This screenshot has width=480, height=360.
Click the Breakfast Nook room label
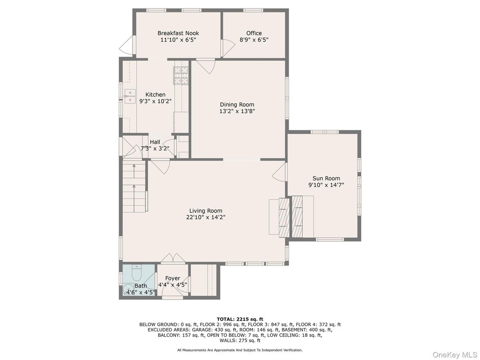coord(178,33)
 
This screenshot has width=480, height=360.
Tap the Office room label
coord(254,33)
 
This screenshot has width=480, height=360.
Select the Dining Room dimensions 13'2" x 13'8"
coord(237,111)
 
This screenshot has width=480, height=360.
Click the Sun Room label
coord(326,178)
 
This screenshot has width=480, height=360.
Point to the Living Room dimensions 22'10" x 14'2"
coord(206,218)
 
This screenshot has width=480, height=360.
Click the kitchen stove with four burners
coord(181,74)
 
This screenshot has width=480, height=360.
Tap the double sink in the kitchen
coord(130,96)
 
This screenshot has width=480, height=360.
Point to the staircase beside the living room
coord(134,188)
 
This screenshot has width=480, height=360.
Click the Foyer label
coord(172,279)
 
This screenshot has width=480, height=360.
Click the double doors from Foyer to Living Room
coord(172,259)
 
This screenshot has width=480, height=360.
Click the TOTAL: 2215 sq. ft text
coord(240,319)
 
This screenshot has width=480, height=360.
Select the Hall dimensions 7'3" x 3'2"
coord(155,149)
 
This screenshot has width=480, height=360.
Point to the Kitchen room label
coord(155,95)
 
